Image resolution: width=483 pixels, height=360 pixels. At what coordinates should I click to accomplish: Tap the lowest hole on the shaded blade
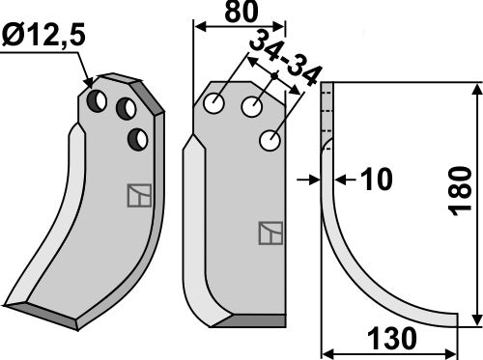pyautogui.click(x=138, y=140)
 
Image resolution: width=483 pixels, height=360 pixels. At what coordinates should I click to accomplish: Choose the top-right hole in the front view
pyautogui.click(x=253, y=106)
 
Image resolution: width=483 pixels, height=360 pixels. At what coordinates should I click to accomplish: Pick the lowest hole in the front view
pyautogui.click(x=270, y=141)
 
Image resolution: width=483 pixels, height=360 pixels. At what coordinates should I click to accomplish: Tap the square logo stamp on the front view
pyautogui.click(x=270, y=233)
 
